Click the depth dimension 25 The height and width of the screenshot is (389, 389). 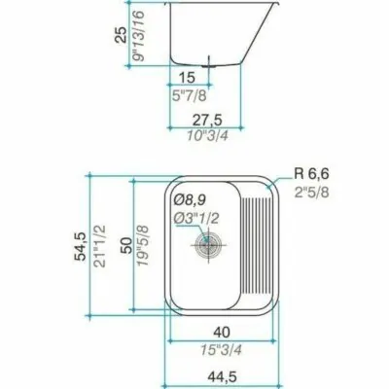[x=122, y=35]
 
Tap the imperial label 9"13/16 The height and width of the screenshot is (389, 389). [x=138, y=36]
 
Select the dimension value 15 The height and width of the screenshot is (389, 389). [x=188, y=78]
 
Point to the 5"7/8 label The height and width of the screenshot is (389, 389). [x=189, y=95]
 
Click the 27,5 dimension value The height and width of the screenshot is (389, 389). [x=208, y=121]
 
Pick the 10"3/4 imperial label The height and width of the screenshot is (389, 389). [x=207, y=136]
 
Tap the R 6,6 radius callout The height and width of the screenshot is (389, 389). [x=311, y=174]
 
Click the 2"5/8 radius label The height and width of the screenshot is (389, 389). [x=311, y=193]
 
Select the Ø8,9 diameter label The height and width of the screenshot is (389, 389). [x=190, y=200]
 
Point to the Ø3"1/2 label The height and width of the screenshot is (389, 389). [x=196, y=219]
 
